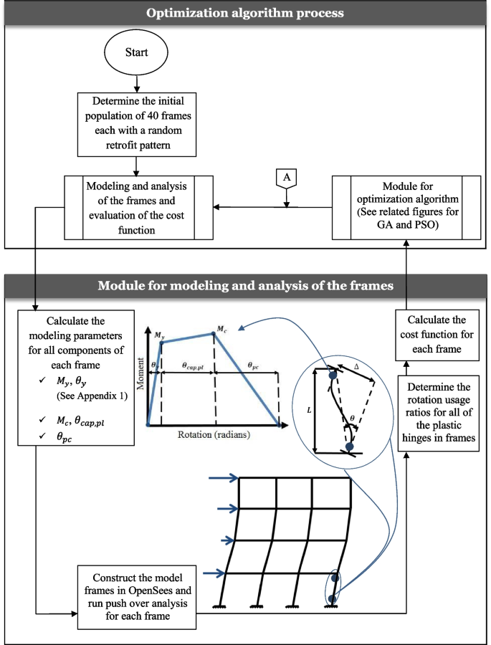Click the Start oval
tap(136, 53)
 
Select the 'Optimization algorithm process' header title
tap(245, 13)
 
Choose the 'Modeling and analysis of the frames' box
tap(136, 207)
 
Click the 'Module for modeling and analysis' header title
tap(245, 286)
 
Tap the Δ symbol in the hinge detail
tap(357, 367)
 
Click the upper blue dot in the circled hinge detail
tap(333, 374)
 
